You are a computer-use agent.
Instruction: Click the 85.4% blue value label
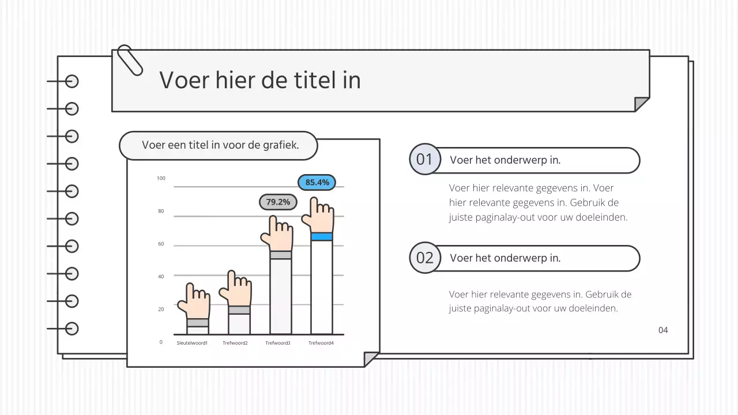pyautogui.click(x=317, y=182)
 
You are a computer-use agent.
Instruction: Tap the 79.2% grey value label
pyautogui.click(x=278, y=202)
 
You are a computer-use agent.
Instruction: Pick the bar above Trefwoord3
pyautogui.click(x=281, y=296)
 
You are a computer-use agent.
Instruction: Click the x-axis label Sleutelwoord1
pyautogui.click(x=192, y=343)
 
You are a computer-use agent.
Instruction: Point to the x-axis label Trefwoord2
pyautogui.click(x=235, y=343)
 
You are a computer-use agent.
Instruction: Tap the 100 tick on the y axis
pyautogui.click(x=161, y=178)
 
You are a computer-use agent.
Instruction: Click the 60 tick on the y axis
pyautogui.click(x=161, y=244)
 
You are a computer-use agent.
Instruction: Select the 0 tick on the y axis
pyautogui.click(x=161, y=342)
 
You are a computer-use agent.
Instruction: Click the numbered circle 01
pyautogui.click(x=424, y=159)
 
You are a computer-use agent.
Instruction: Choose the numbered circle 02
pyautogui.click(x=424, y=258)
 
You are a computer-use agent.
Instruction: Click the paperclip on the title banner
pyautogui.click(x=130, y=60)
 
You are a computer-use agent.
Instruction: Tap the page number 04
pyautogui.click(x=663, y=330)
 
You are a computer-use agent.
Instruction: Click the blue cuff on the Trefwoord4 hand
pyautogui.click(x=322, y=236)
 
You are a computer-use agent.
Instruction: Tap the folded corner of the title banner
pyautogui.click(x=641, y=104)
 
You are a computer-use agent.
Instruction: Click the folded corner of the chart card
pyautogui.click(x=371, y=359)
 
